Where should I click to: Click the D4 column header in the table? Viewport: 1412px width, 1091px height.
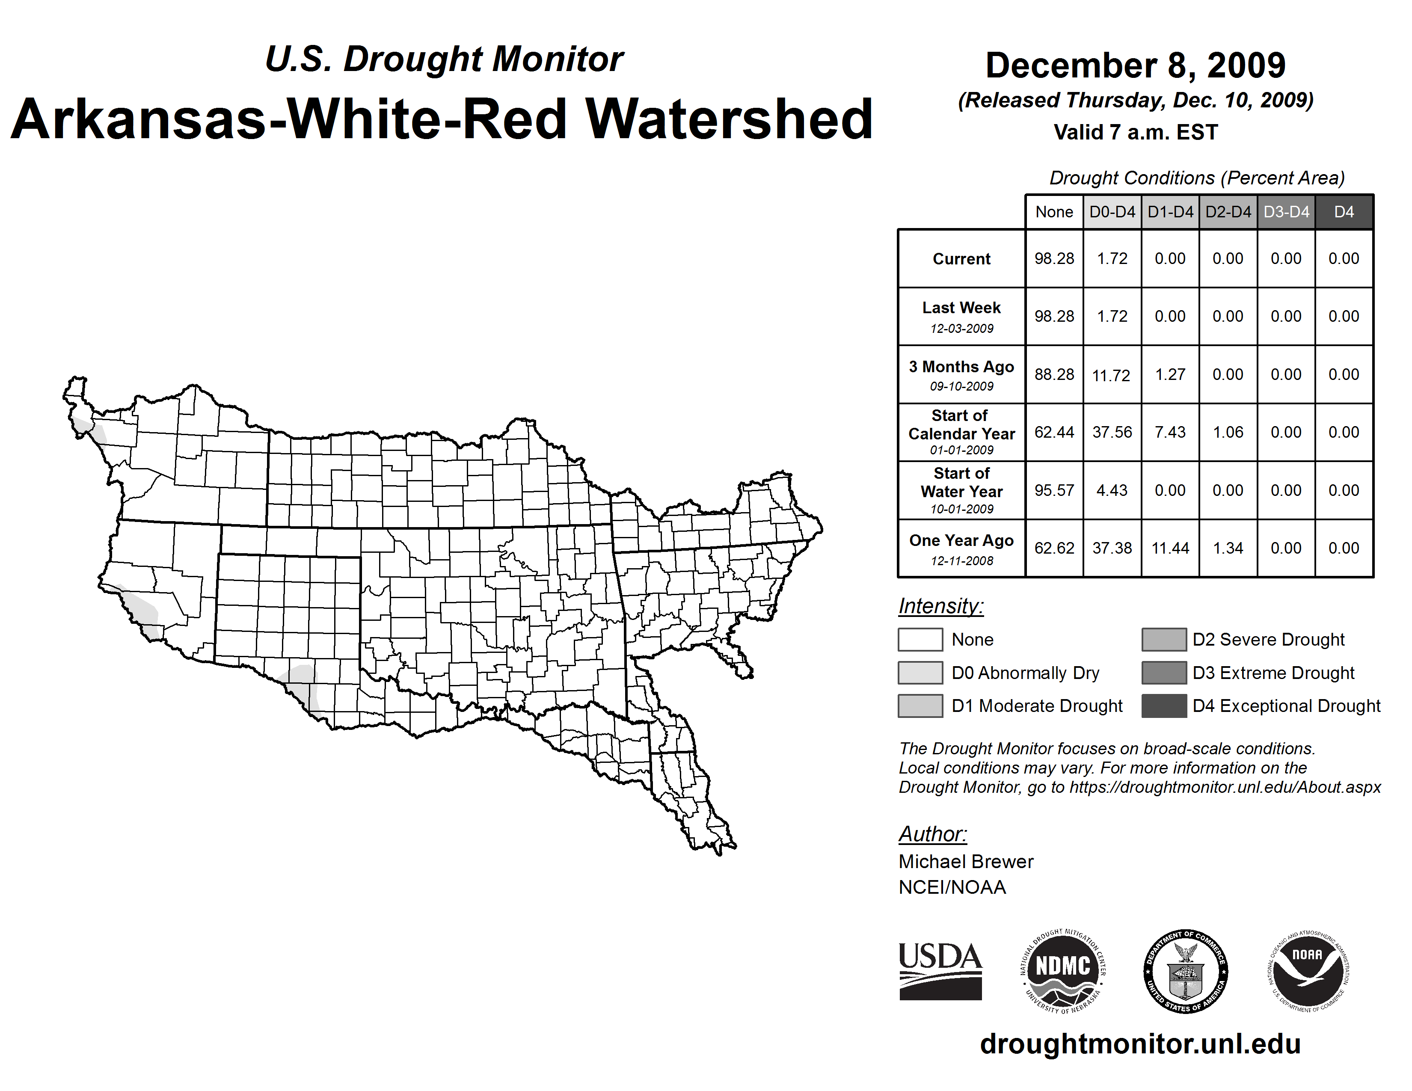[1344, 212]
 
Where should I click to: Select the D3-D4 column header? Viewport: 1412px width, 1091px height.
[1286, 212]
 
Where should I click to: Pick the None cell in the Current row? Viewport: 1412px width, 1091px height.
[1054, 258]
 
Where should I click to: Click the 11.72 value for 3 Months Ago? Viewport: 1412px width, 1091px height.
[1111, 375]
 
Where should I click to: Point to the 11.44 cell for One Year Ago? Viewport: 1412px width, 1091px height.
[1170, 548]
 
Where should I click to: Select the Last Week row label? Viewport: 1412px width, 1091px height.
[961, 316]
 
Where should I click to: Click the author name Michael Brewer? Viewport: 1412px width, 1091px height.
[966, 862]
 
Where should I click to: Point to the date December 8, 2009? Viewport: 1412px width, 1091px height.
[1135, 65]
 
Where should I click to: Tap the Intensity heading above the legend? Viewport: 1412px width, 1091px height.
[940, 606]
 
